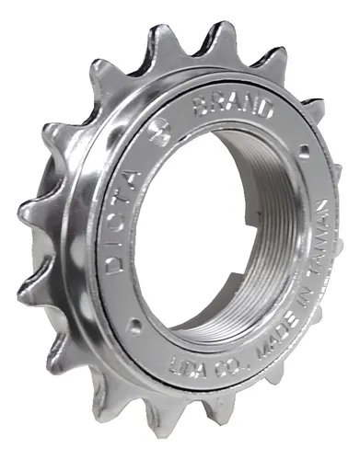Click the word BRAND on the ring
[233, 107]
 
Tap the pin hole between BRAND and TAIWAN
[304, 149]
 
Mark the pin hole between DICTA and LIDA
[134, 322]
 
